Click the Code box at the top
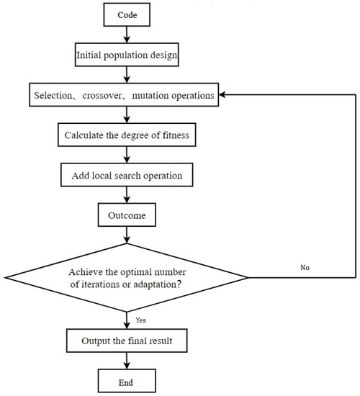[x=128, y=13]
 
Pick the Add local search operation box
[x=128, y=175]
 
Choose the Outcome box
[x=128, y=214]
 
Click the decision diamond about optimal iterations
[x=128, y=277]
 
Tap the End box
[x=128, y=377]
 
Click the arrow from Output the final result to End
[x=128, y=359]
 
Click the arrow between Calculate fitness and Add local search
[x=128, y=154]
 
